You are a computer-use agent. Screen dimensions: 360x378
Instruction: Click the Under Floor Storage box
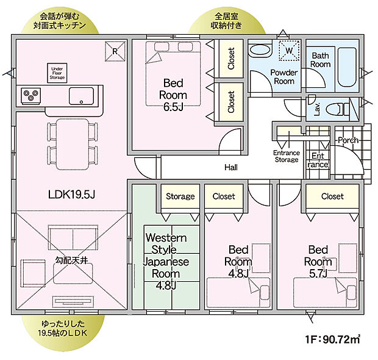57,73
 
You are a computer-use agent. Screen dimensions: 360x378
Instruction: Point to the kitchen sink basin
80,96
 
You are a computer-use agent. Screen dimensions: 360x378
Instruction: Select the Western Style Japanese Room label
166,256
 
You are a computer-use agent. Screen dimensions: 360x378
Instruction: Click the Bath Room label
321,60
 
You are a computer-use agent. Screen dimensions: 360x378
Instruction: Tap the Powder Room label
284,77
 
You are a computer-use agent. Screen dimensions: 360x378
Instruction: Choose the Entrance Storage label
286,156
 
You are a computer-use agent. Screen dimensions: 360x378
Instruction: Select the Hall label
231,167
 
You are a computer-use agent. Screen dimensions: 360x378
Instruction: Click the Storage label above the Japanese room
180,196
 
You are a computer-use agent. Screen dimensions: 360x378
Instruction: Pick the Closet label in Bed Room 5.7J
332,196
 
